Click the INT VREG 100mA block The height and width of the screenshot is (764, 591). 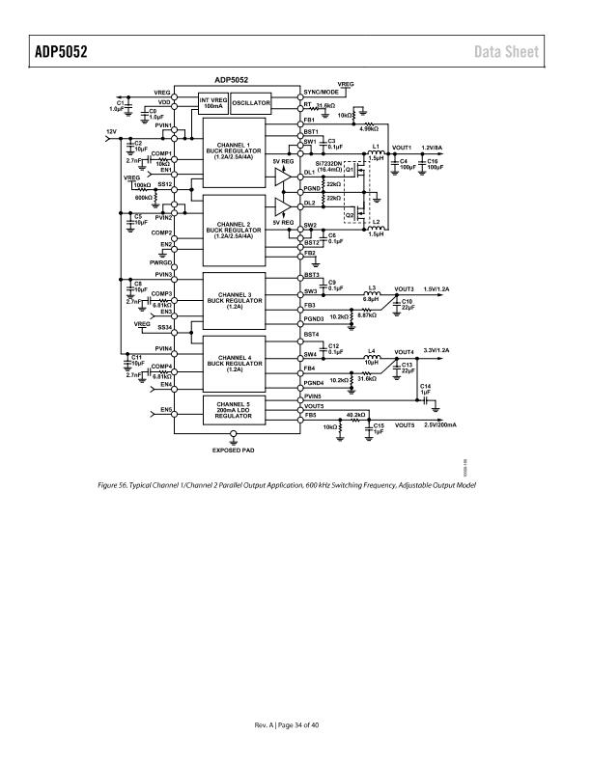pos(212,102)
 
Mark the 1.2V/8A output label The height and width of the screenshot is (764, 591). pos(431,148)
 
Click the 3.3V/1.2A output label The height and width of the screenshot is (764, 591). pos(437,350)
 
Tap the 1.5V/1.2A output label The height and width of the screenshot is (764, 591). pos(436,288)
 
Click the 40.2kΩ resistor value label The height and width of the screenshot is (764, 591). pos(357,415)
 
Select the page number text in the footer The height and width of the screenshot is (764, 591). pos(295,724)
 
